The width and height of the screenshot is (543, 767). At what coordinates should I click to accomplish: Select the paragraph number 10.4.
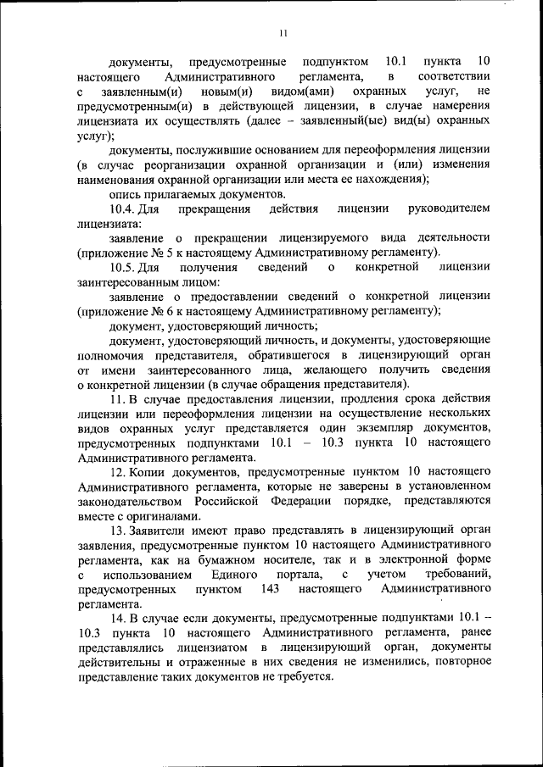tap(122, 208)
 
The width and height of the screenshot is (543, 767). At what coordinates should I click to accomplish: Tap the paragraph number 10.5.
tap(122, 267)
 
